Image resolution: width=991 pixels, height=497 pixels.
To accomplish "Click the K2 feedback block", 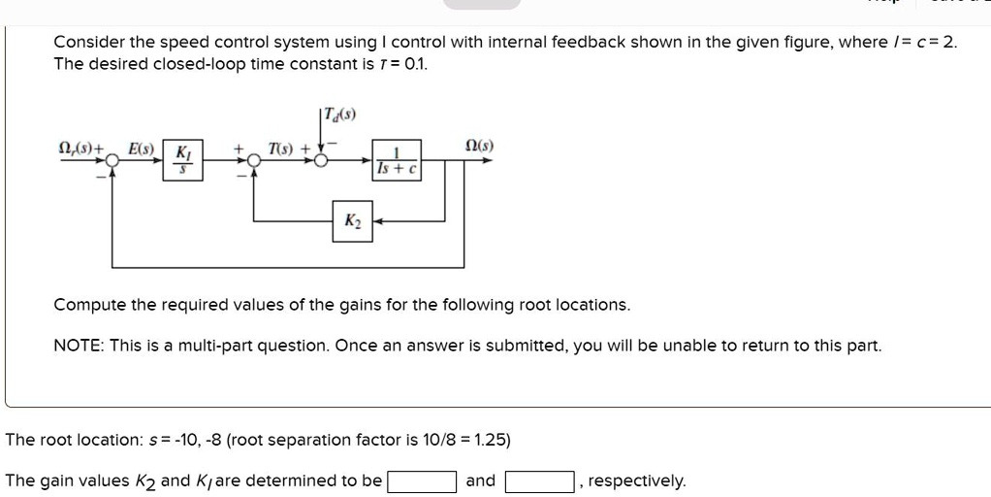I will click(x=352, y=221).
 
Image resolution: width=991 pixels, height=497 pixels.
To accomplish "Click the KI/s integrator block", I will click(x=181, y=160).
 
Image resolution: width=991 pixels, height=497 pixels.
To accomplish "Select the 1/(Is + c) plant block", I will click(x=396, y=160).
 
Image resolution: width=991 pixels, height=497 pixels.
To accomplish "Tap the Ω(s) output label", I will click(x=479, y=146).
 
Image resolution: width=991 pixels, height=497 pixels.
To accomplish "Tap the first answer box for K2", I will click(x=422, y=481).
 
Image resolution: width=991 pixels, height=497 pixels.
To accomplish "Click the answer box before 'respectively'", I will click(x=539, y=481).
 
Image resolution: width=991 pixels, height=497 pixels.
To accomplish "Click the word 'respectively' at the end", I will click(x=636, y=480).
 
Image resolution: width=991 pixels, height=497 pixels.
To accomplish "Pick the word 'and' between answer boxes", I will click(x=480, y=480).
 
